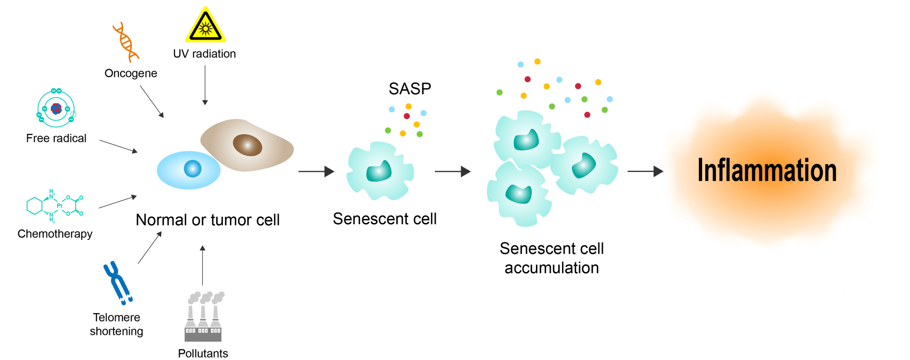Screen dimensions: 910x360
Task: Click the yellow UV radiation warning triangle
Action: [x=206, y=25]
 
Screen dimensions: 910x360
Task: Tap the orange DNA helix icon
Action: [x=126, y=42]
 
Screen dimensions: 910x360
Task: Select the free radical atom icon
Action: [x=56, y=108]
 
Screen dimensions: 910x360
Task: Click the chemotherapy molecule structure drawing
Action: [x=55, y=206]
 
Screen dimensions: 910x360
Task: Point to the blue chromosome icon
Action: [x=117, y=282]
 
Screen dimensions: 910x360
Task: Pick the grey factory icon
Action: [x=204, y=317]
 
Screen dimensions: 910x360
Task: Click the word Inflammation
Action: [x=767, y=170]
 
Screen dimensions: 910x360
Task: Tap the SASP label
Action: [x=409, y=89]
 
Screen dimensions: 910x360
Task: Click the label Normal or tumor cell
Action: [x=207, y=220]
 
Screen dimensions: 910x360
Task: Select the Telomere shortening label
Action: [x=116, y=324]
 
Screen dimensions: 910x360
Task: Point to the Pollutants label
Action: [x=203, y=354]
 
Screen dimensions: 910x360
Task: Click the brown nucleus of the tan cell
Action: [x=248, y=145]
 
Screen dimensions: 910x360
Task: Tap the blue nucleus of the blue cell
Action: [x=192, y=169]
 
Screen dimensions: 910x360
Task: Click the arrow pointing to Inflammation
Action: [x=645, y=172]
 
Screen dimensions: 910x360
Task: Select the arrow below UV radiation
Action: [x=205, y=86]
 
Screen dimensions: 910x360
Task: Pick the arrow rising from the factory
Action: [x=202, y=265]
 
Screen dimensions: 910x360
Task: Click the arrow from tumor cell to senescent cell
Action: [x=316, y=172]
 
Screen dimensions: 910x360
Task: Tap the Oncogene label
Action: [x=131, y=73]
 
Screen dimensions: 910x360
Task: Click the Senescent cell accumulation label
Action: [x=551, y=258]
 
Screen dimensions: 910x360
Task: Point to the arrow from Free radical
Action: [x=118, y=147]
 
